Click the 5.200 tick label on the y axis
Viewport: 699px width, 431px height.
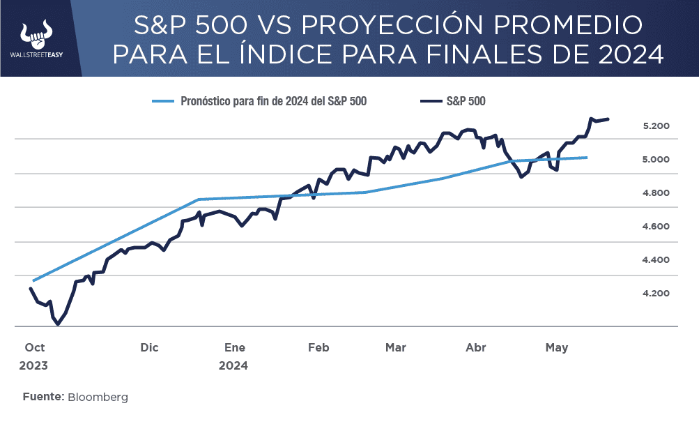(656, 126)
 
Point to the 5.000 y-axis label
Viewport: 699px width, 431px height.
(656, 160)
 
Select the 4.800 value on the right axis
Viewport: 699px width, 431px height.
(656, 193)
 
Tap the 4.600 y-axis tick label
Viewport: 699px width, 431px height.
(656, 227)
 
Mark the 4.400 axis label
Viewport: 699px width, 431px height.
(656, 260)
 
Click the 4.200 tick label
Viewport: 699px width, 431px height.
(656, 294)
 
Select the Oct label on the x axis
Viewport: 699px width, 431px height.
(34, 347)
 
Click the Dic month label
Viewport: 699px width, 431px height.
(149, 347)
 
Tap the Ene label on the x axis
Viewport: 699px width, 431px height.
(235, 347)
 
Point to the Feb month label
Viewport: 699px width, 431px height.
(318, 347)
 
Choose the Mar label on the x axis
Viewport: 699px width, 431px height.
(396, 347)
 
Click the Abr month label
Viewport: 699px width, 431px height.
(475, 347)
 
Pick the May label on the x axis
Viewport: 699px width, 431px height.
(557, 347)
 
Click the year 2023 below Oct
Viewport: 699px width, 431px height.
(34, 365)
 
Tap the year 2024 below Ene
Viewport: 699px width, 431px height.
(233, 365)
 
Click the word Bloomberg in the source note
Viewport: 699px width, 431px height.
(98, 397)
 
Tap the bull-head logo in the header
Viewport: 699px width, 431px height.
(36, 31)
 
